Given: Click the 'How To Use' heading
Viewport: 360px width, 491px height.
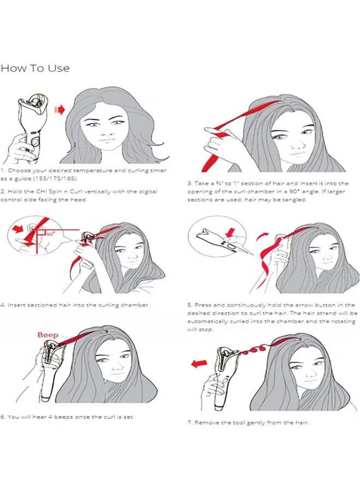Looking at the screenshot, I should pos(35,68).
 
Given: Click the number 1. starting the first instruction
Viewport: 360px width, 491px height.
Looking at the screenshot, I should pos(3,171).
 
